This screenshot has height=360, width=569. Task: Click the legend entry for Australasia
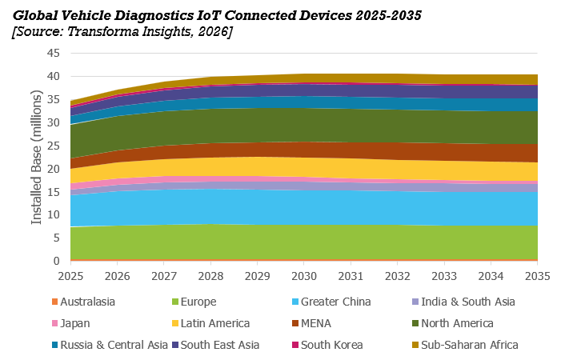[83, 302]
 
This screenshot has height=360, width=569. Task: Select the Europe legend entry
[194, 302]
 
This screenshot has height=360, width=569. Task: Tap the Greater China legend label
[331, 302]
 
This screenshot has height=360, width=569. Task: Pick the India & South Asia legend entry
[464, 302]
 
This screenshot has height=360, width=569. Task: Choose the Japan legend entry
[70, 323]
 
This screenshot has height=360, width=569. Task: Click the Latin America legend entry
[210, 323]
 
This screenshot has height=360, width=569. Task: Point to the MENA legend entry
[312, 323]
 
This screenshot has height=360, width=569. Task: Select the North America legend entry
[453, 323]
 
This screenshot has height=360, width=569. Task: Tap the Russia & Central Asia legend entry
[110, 345]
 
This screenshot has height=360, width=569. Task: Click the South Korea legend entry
[327, 345]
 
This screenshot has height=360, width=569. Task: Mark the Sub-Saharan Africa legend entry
[465, 345]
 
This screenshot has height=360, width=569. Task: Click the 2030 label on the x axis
[304, 276]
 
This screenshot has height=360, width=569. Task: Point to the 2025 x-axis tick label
[70, 276]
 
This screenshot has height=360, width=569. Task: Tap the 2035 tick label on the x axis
[538, 276]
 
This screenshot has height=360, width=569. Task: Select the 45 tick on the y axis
[54, 54]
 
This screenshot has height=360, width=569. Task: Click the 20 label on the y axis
[54, 169]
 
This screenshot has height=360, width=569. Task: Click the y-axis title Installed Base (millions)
[36, 157]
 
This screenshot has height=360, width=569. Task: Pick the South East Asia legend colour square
[175, 345]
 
